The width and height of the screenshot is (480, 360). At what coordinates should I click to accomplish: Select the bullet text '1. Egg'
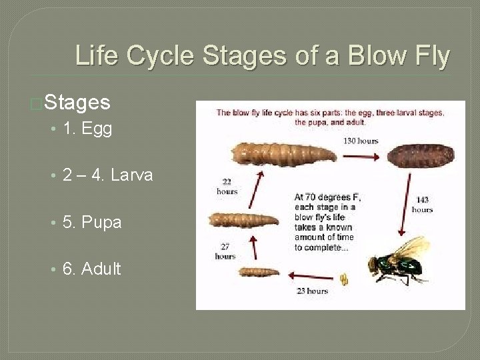click(87, 129)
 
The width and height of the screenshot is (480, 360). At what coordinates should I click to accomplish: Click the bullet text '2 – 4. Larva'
click(107, 175)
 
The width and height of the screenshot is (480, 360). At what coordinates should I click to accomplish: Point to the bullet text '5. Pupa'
click(92, 222)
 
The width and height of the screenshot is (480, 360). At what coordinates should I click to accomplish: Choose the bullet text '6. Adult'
click(91, 269)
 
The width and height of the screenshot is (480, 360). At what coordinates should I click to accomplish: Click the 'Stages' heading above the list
click(77, 102)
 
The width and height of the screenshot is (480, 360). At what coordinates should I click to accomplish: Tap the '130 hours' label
click(361, 141)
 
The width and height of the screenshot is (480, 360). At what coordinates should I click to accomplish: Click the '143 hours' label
click(422, 204)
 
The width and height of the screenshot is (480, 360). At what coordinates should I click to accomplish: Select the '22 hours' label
click(227, 187)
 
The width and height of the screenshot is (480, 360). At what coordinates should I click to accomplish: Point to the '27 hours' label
click(225, 251)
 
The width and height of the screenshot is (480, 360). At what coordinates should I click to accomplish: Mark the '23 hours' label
click(313, 291)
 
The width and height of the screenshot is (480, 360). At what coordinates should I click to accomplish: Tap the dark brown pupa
click(422, 155)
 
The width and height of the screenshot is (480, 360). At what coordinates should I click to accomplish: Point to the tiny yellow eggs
click(344, 278)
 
